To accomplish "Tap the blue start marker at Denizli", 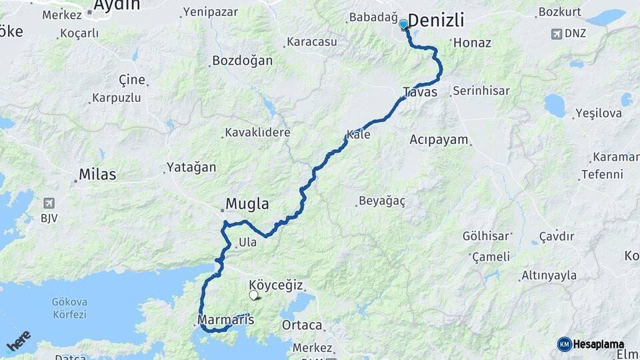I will [403, 25].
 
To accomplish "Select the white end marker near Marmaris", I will [253, 295].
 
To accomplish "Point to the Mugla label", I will [247, 203].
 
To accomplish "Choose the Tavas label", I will [420, 92].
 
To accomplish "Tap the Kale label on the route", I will [358, 134].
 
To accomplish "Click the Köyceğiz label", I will [276, 285].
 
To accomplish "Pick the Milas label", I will [97, 175].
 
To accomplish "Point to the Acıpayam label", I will [439, 139].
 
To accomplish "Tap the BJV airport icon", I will [48, 203].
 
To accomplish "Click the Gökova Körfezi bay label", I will [69, 308].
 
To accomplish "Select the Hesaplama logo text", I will [598, 345].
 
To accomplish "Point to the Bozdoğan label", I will [242, 61].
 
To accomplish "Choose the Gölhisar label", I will [487, 236].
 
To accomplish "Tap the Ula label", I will [247, 243].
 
